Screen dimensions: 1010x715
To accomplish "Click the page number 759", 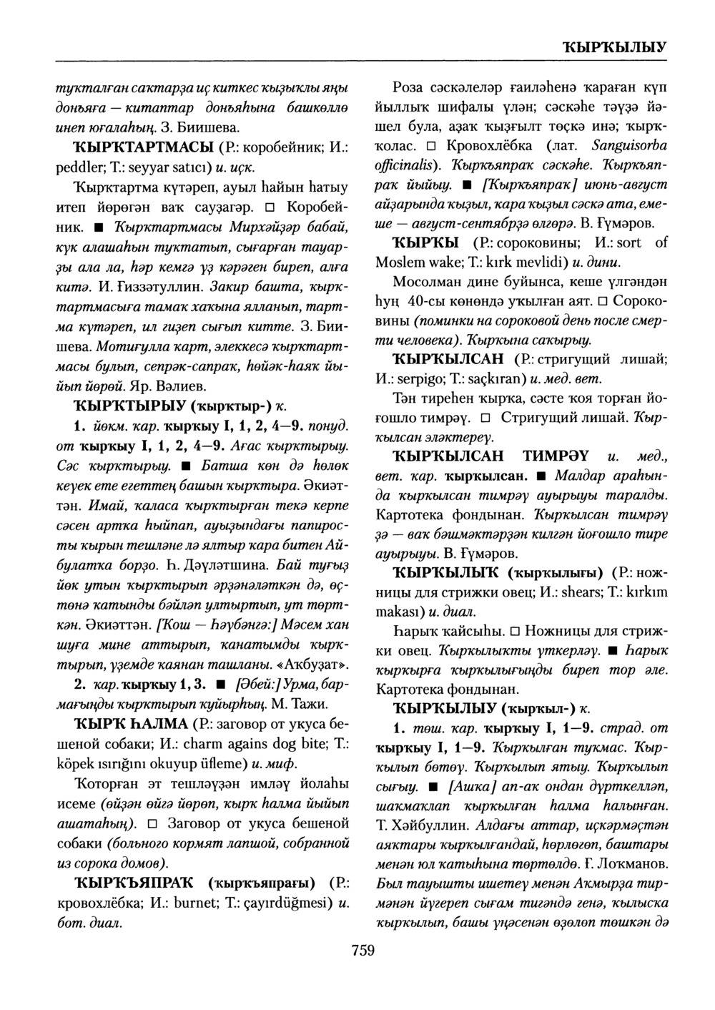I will (x=363, y=950).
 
